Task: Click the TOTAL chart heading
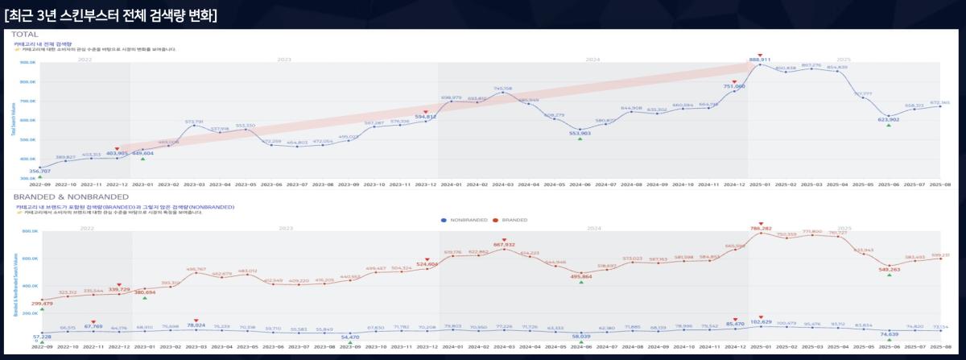click(27, 34)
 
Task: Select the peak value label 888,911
click(760, 60)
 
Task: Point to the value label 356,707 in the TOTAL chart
click(39, 172)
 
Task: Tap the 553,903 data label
click(580, 133)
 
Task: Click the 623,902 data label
click(889, 119)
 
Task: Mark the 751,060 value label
click(734, 86)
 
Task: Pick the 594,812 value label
click(426, 117)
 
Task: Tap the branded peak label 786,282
click(760, 229)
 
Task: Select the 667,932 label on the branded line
click(503, 244)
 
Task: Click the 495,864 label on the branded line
click(580, 276)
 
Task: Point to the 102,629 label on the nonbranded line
click(760, 322)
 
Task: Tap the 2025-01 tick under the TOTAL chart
click(760, 184)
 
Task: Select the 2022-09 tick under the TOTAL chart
click(39, 184)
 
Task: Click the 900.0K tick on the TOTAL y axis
click(27, 62)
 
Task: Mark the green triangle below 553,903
click(580, 139)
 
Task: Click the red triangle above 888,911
click(760, 54)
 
